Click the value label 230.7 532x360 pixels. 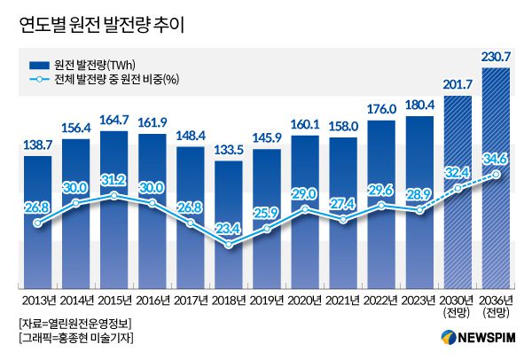[496, 58]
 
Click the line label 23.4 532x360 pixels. [229, 227]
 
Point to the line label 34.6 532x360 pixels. [496, 157]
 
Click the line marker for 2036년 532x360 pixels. [497, 174]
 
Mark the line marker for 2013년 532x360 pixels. [37, 223]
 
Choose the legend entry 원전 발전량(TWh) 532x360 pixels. [97, 65]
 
